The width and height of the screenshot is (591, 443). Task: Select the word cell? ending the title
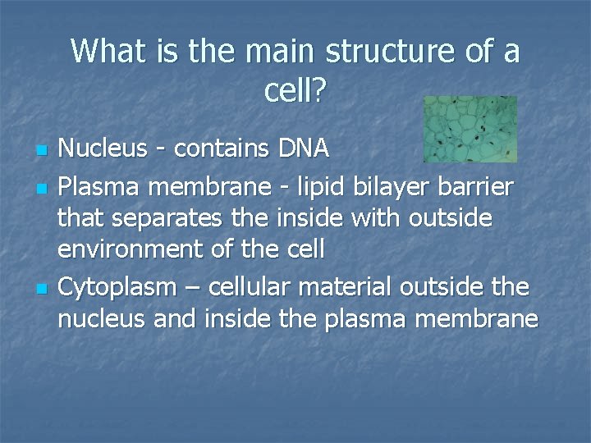[x=295, y=91]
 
